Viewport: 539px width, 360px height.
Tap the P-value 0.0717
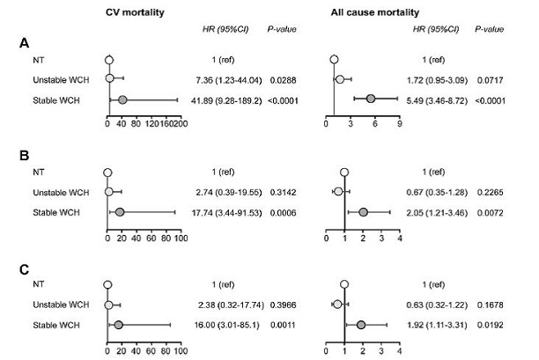[x=490, y=79]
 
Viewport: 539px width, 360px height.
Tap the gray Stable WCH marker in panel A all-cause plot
[x=371, y=99]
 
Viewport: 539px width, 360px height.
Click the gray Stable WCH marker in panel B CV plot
[x=119, y=212]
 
